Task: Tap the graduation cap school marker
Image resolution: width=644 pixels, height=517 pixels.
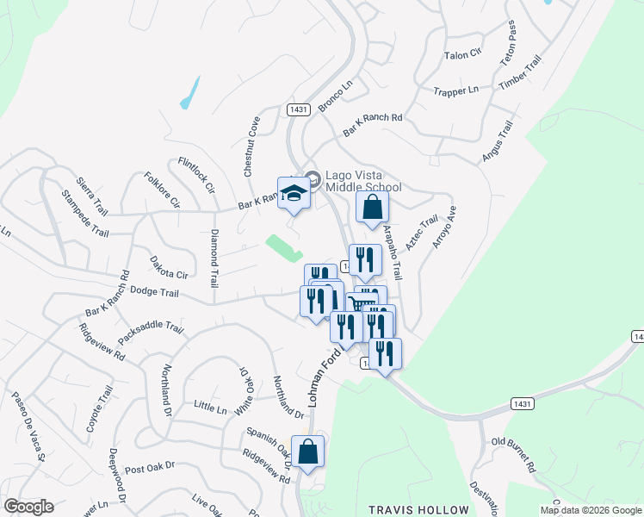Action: pyautogui.click(x=294, y=194)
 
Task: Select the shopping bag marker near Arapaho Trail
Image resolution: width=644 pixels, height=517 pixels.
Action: pyautogui.click(x=372, y=207)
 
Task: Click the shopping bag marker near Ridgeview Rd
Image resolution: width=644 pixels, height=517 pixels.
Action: pyautogui.click(x=307, y=452)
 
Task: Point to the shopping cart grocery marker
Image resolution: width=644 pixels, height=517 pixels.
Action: pyautogui.click(x=362, y=303)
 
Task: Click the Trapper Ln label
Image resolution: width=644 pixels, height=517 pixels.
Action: pyautogui.click(x=455, y=90)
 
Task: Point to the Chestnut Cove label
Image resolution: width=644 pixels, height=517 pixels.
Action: pyautogui.click(x=252, y=146)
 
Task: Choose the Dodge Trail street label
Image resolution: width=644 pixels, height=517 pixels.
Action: pyautogui.click(x=154, y=293)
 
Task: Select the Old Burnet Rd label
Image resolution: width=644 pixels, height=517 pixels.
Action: pyautogui.click(x=513, y=455)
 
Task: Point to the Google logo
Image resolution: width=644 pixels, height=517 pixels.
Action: pyautogui.click(x=28, y=507)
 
